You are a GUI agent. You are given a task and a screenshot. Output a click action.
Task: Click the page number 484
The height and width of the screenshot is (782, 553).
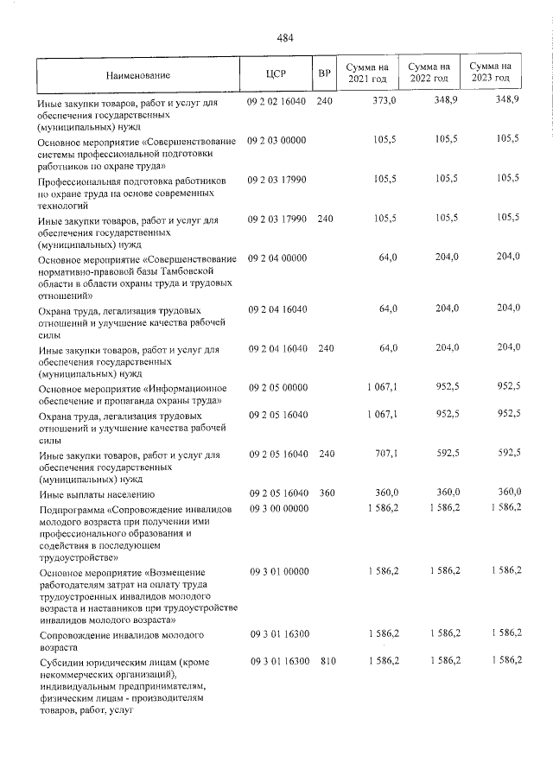click(x=285, y=37)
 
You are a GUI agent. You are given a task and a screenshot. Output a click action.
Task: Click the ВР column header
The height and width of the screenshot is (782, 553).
click(x=324, y=73)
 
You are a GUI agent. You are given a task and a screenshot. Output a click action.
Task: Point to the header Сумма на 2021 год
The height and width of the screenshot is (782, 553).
click(x=367, y=73)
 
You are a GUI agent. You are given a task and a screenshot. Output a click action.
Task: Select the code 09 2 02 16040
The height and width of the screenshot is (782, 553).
click(x=277, y=102)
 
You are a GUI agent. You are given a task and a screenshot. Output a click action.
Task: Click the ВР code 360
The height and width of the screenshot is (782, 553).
click(x=325, y=493)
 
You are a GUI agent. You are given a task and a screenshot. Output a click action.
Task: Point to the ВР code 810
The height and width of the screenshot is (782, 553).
click(x=325, y=661)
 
